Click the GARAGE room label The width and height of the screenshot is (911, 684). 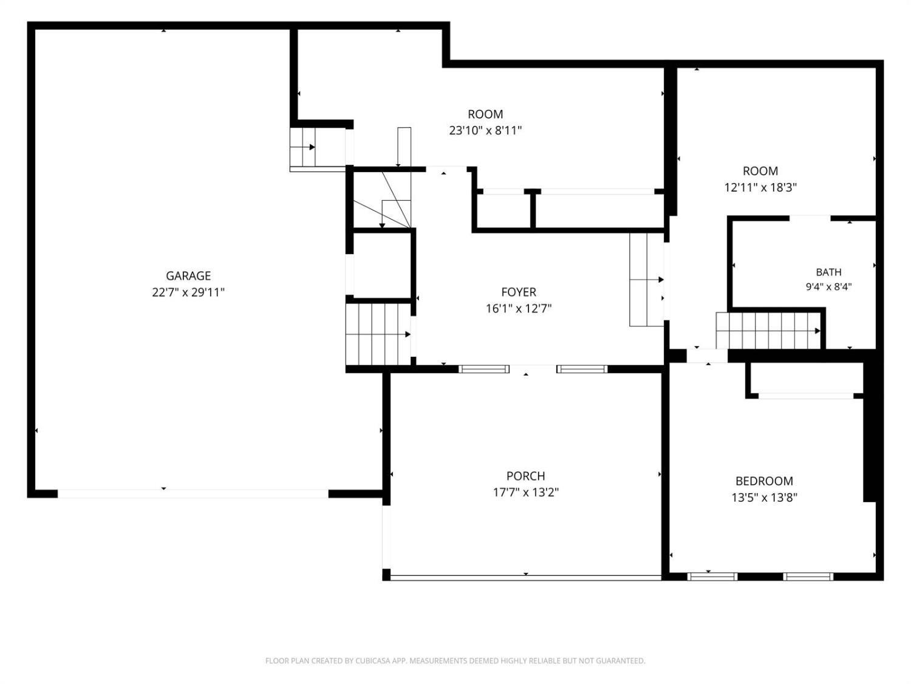[188, 276]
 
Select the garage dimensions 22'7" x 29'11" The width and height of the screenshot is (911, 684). [188, 292]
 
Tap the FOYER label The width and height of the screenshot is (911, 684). [519, 292]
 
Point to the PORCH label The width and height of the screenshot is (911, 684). [525, 475]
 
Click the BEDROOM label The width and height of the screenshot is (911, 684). [764, 481]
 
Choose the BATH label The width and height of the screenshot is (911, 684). [828, 272]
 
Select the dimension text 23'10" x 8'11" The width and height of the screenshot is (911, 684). [485, 131]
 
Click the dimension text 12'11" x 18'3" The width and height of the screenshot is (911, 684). [760, 188]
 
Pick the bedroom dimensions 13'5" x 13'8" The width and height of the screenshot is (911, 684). [764, 497]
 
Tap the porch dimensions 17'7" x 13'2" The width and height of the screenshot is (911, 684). [525, 492]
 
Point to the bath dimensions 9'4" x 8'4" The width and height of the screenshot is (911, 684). [828, 286]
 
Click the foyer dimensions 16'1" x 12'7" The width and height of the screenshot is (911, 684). [519, 309]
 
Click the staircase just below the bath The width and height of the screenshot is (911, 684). [768, 331]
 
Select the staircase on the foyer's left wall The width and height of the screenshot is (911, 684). [378, 334]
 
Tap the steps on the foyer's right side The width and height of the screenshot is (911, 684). [647, 280]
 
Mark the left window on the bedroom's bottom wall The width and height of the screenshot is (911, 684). [712, 577]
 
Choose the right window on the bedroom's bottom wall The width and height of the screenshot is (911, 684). [808, 577]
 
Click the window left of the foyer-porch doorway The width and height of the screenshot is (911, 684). [483, 369]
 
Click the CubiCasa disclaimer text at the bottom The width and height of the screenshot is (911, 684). [455, 661]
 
